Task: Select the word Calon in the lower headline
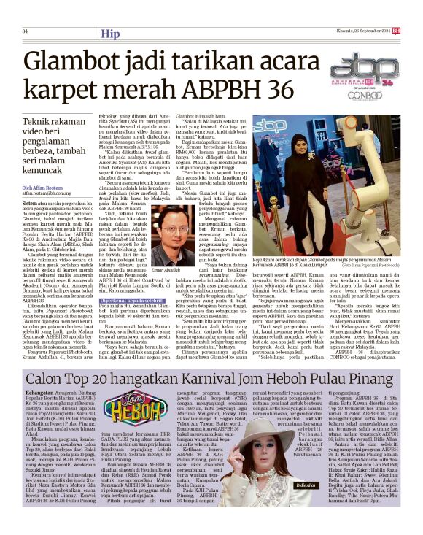tap(48, 380)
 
